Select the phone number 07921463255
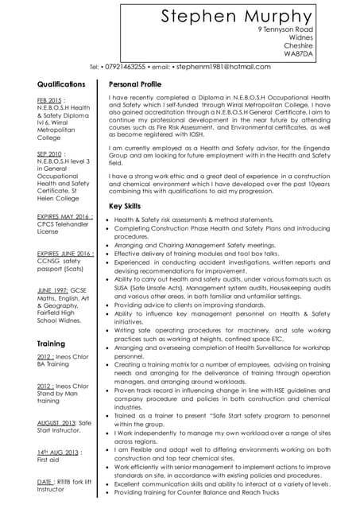point(123,67)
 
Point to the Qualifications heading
point(61,84)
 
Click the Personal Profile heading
point(135,84)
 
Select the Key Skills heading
point(125,206)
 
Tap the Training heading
point(52,343)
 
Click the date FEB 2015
point(50,99)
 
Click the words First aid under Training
point(49,460)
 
